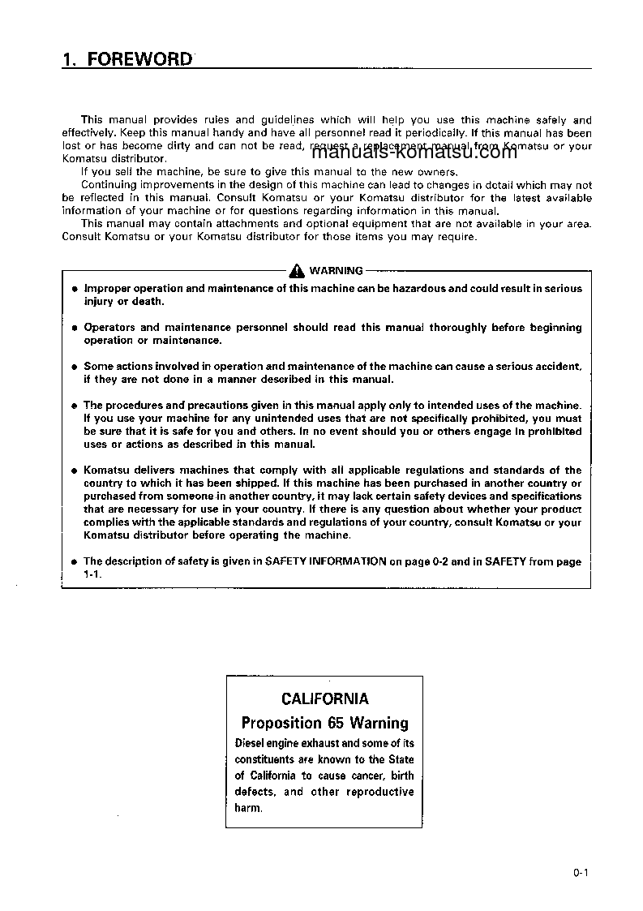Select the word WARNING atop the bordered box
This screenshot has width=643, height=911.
337,271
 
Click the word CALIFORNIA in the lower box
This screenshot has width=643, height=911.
324,698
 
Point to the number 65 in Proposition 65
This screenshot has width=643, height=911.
337,723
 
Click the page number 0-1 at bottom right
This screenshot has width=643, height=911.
579,873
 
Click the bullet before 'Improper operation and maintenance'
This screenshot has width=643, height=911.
73,289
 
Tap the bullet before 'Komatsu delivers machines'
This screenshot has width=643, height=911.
73,471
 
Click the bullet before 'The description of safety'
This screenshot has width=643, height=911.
73,561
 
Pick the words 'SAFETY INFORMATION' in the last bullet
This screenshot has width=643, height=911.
326,561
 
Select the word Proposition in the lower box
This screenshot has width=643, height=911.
282,723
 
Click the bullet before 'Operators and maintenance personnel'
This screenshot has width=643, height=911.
73,328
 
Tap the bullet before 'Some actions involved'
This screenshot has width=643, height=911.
73,367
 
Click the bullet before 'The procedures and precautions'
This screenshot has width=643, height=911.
73,406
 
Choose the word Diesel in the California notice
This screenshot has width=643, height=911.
251,743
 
